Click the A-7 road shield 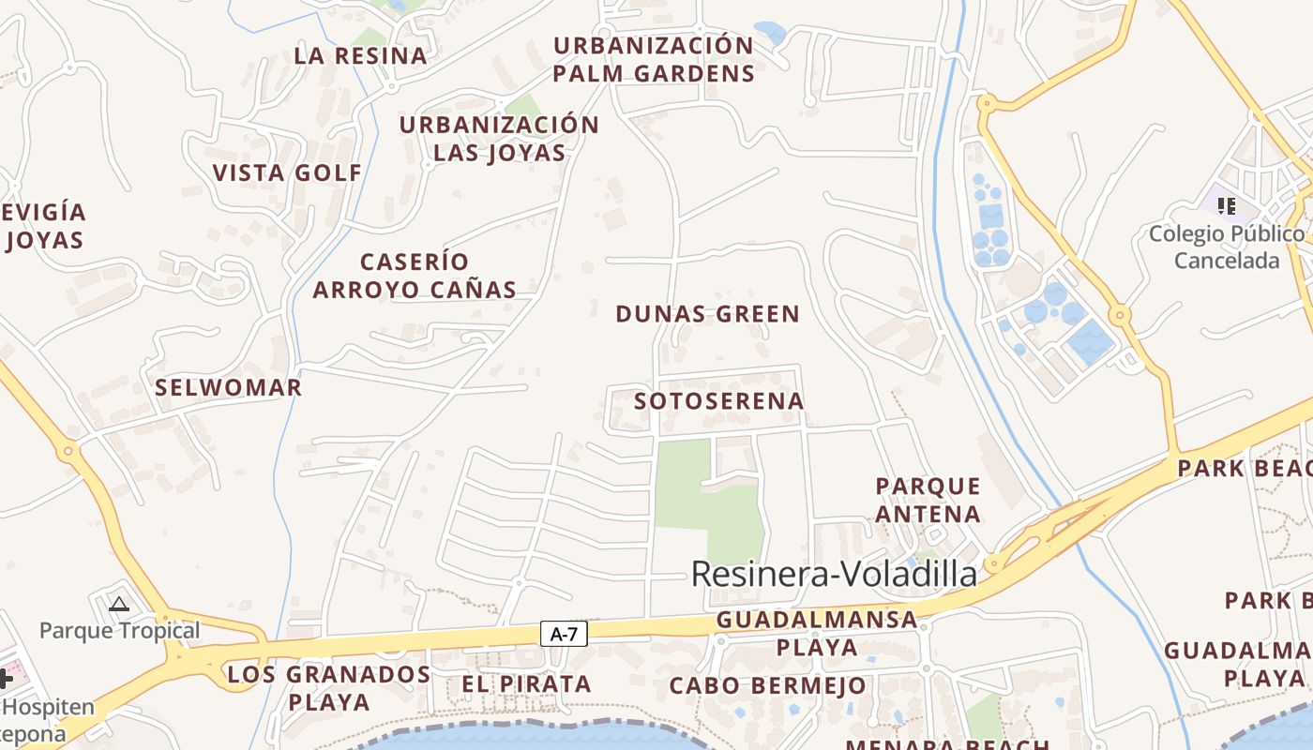564,635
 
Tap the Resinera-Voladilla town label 834,574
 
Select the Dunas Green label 707,314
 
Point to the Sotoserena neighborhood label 719,401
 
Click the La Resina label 361,55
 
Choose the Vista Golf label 287,172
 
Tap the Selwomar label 229,388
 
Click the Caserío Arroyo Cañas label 415,276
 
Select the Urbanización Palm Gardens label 654,59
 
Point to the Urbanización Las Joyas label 499,139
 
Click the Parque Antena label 928,500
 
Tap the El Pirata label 526,684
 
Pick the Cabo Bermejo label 767,685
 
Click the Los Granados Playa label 329,687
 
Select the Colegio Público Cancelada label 1227,247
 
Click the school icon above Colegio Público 1226,206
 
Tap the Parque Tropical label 119,630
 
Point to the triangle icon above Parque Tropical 119,604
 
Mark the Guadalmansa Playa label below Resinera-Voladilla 816,633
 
